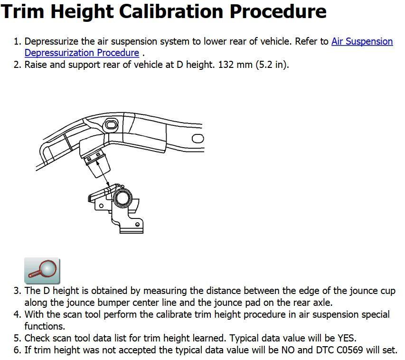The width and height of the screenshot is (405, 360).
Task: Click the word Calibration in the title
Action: click(171, 12)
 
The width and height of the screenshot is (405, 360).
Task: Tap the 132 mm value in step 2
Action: click(235, 64)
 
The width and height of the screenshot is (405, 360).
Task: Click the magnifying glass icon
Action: click(42, 271)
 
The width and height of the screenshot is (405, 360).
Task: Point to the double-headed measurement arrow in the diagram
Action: click(103, 173)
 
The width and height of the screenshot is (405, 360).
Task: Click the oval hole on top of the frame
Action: click(111, 125)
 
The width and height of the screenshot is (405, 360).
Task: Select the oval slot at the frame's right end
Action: click(198, 139)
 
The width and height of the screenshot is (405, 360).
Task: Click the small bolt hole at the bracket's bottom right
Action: click(137, 224)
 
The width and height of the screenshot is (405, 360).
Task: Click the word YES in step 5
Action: click(347, 338)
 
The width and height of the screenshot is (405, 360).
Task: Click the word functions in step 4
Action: click(45, 326)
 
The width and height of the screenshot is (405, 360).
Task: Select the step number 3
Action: click(17, 291)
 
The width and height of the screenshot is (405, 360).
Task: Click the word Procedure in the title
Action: click(278, 12)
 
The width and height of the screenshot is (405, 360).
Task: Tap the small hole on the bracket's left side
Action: click(101, 206)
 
